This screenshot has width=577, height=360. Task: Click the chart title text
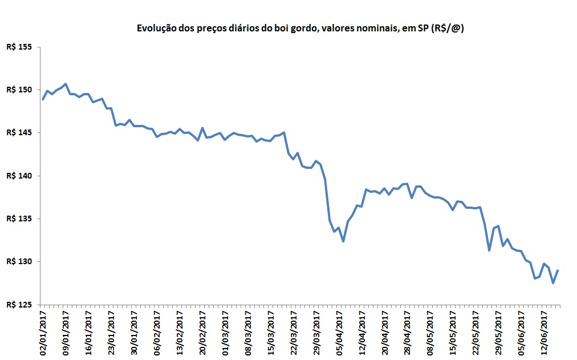point(299,29)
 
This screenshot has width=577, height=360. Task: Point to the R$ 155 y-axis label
point(19,47)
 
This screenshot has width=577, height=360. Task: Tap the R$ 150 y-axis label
point(19,90)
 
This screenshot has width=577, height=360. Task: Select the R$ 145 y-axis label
point(19,132)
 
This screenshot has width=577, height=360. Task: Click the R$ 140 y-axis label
point(19,176)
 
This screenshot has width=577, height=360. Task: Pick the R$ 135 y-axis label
point(19,219)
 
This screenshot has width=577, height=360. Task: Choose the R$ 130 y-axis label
point(19,261)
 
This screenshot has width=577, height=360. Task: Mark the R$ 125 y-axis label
point(19,305)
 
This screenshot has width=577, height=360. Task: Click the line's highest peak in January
point(66,84)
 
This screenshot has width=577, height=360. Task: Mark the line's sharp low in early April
point(343,241)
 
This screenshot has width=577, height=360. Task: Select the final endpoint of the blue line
point(558,270)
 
